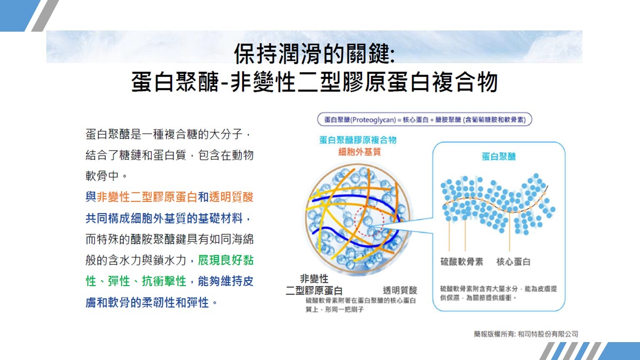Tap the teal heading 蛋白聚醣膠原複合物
tap(358, 140)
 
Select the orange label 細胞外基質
tap(360, 152)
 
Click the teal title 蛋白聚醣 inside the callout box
tap(499, 157)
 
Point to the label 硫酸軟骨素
tap(462, 262)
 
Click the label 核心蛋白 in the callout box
tap(513, 262)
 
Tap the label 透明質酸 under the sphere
tap(400, 290)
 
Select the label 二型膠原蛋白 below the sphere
tap(314, 290)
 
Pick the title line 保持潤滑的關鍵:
tap(314, 54)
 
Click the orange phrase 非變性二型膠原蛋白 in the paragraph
tap(147, 197)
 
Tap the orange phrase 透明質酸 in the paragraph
tap(231, 197)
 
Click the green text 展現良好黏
tap(225, 260)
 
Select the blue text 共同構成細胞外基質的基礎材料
tap(164, 218)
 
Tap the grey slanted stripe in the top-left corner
tap(45, 16)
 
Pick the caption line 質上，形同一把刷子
tap(335, 310)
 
